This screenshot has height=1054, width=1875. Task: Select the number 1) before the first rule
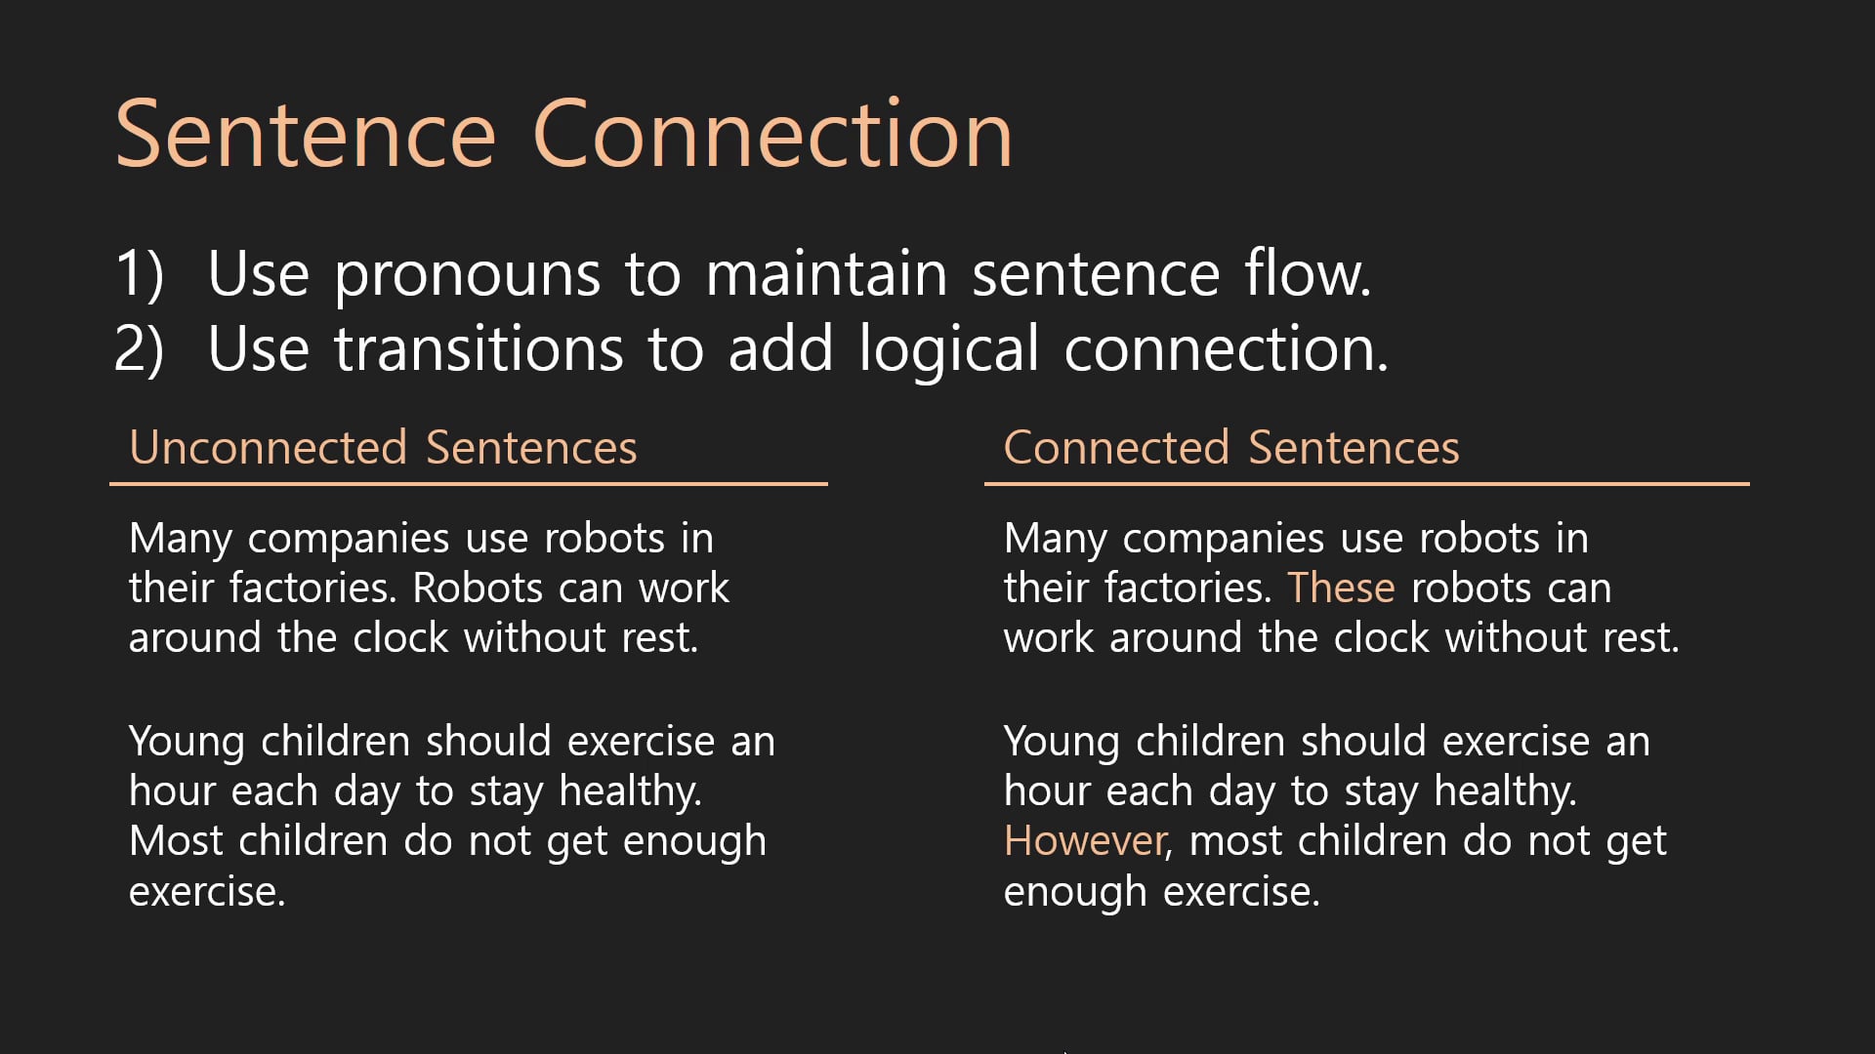click(x=140, y=273)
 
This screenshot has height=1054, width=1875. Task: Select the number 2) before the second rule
click(x=140, y=349)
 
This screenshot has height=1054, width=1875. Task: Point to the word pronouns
click(x=467, y=275)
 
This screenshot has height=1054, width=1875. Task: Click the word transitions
click(x=479, y=349)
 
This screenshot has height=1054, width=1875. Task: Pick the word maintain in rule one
click(x=826, y=273)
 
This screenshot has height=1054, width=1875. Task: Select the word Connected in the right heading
click(x=1116, y=448)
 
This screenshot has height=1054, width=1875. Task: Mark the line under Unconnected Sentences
click(x=469, y=483)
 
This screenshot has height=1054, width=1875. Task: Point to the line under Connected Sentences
click(x=1366, y=483)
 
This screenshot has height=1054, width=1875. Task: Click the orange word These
click(x=1341, y=588)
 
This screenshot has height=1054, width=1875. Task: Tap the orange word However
click(x=1085, y=841)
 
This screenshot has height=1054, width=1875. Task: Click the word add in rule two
click(x=780, y=349)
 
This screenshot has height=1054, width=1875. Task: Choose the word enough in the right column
click(x=1074, y=892)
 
